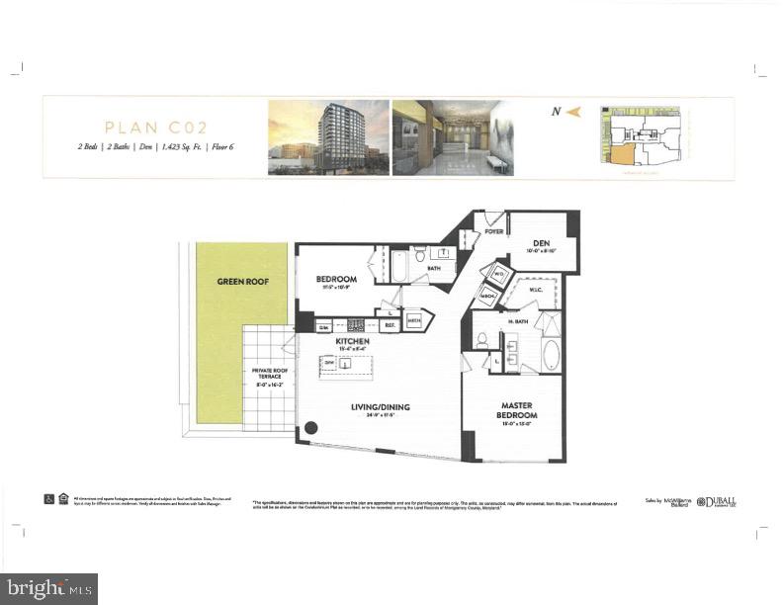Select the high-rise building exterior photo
tap(326, 137)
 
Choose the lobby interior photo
tap(452, 137)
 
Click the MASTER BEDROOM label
tap(517, 410)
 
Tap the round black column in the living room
tap(311, 428)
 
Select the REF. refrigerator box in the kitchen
tap(390, 323)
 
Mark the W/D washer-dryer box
tap(499, 274)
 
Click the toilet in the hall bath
tap(419, 254)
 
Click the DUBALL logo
tap(723, 502)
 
